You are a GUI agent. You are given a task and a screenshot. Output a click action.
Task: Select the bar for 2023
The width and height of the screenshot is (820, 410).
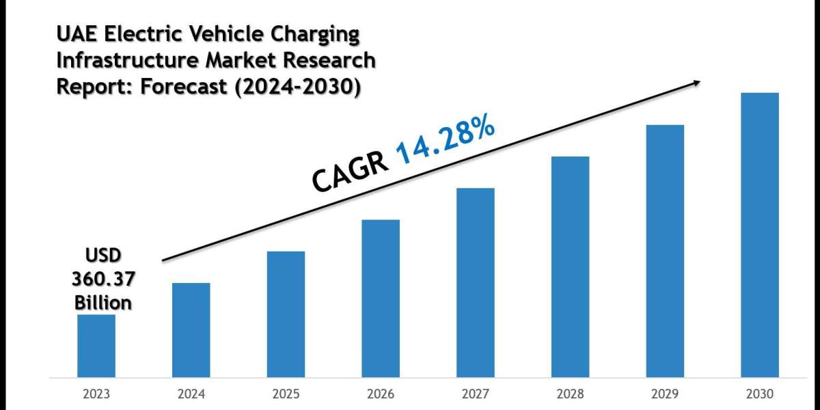point(96,346)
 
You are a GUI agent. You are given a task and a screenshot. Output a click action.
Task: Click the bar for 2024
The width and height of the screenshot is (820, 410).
point(191,329)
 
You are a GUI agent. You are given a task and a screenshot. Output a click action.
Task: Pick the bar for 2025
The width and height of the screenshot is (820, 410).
point(286,314)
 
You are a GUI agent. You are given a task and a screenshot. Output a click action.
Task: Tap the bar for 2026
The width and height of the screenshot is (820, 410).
point(381,298)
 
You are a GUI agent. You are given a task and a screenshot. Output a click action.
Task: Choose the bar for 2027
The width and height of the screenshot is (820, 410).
point(476,282)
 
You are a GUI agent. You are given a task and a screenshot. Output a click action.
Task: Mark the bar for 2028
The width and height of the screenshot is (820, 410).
point(570,266)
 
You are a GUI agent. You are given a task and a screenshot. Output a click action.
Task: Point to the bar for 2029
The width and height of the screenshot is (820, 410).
point(665,250)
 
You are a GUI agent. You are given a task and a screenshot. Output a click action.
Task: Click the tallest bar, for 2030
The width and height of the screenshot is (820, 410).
point(760,234)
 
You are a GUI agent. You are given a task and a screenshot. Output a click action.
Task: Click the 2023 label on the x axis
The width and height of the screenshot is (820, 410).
point(96,394)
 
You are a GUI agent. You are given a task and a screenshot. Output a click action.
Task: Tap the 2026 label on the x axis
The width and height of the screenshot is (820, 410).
point(381,394)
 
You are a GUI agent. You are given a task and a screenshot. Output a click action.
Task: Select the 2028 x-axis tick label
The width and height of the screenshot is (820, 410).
point(570,394)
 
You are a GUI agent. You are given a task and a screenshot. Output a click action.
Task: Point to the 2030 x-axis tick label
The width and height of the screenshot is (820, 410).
point(760,394)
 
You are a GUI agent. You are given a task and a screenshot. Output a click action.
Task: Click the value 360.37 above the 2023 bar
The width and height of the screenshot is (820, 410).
point(103,279)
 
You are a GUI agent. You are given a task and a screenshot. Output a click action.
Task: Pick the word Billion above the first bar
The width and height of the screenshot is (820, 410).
point(103,301)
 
